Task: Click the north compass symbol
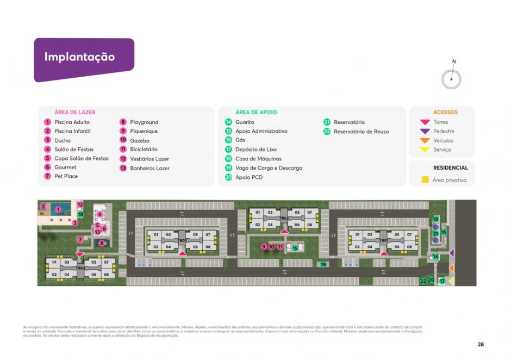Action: point(451,79)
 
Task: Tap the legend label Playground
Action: point(144,122)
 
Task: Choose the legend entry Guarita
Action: point(245,122)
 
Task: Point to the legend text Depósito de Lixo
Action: point(256,150)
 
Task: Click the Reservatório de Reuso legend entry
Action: point(361,132)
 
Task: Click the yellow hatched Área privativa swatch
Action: point(425,180)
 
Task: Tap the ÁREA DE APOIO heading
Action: point(256,113)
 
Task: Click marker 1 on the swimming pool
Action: point(58,209)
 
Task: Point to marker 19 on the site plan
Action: point(323,265)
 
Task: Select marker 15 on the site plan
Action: point(295,248)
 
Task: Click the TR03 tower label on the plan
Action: point(182,240)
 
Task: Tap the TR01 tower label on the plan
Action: point(383,240)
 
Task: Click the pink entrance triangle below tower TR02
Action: point(283,232)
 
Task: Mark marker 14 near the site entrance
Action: point(435,257)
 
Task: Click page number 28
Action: point(481,344)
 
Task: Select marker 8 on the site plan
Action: point(102,243)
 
